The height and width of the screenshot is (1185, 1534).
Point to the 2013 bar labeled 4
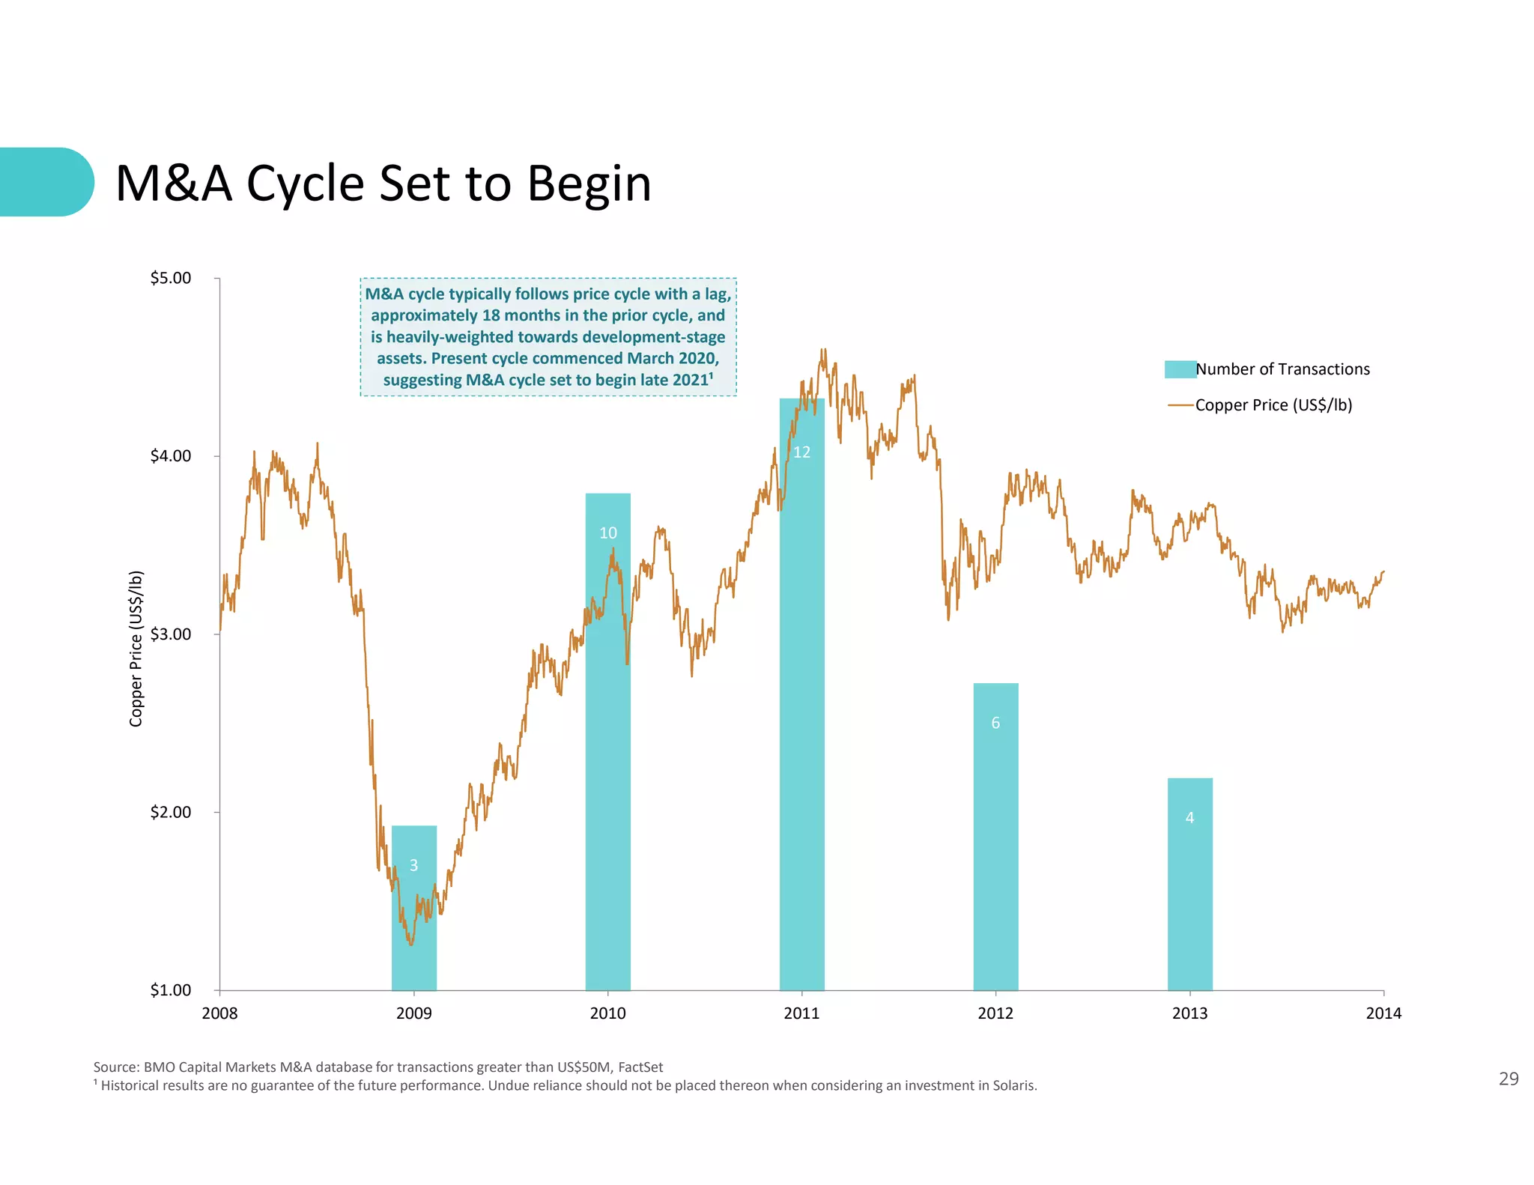pos(1189,884)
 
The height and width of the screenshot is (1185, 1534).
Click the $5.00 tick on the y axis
pos(171,278)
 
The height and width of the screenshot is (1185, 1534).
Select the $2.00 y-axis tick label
pos(171,812)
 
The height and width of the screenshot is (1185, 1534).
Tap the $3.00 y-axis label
pos(171,634)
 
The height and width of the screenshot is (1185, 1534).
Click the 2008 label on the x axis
pos(219,1013)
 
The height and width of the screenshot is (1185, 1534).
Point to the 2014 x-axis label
pos(1383,1013)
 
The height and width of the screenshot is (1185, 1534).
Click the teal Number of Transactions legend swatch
pos(1180,369)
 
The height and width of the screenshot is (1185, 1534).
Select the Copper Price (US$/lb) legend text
pos(1273,405)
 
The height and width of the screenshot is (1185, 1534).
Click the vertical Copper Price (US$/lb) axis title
pos(136,649)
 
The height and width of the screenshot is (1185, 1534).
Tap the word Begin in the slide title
pos(589,184)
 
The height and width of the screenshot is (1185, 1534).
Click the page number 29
pos(1508,1079)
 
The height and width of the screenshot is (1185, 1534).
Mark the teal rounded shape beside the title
pos(45,182)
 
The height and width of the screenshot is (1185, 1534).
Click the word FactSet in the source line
pos(640,1067)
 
